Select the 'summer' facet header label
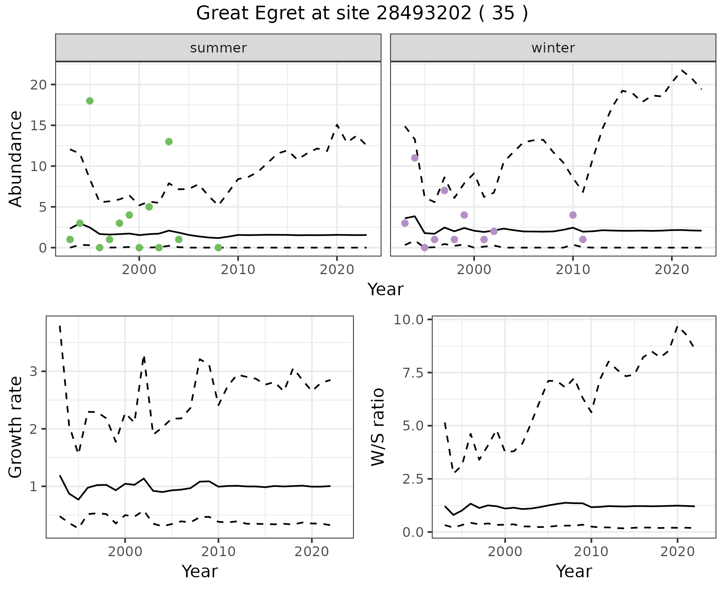pos(218,48)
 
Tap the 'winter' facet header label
pos(553,48)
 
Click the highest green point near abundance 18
pos(90,101)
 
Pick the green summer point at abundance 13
pos(169,142)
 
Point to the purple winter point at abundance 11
pos(415,158)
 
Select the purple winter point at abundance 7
pos(444,190)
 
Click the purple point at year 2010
pos(573,215)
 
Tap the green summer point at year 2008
pos(218,248)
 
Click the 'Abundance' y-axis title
pos(16,159)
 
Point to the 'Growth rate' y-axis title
pos(16,427)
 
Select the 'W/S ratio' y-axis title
pos(378,427)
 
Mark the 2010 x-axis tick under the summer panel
pos(238,270)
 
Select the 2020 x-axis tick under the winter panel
pos(671,270)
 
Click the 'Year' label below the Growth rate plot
pos(200,572)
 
